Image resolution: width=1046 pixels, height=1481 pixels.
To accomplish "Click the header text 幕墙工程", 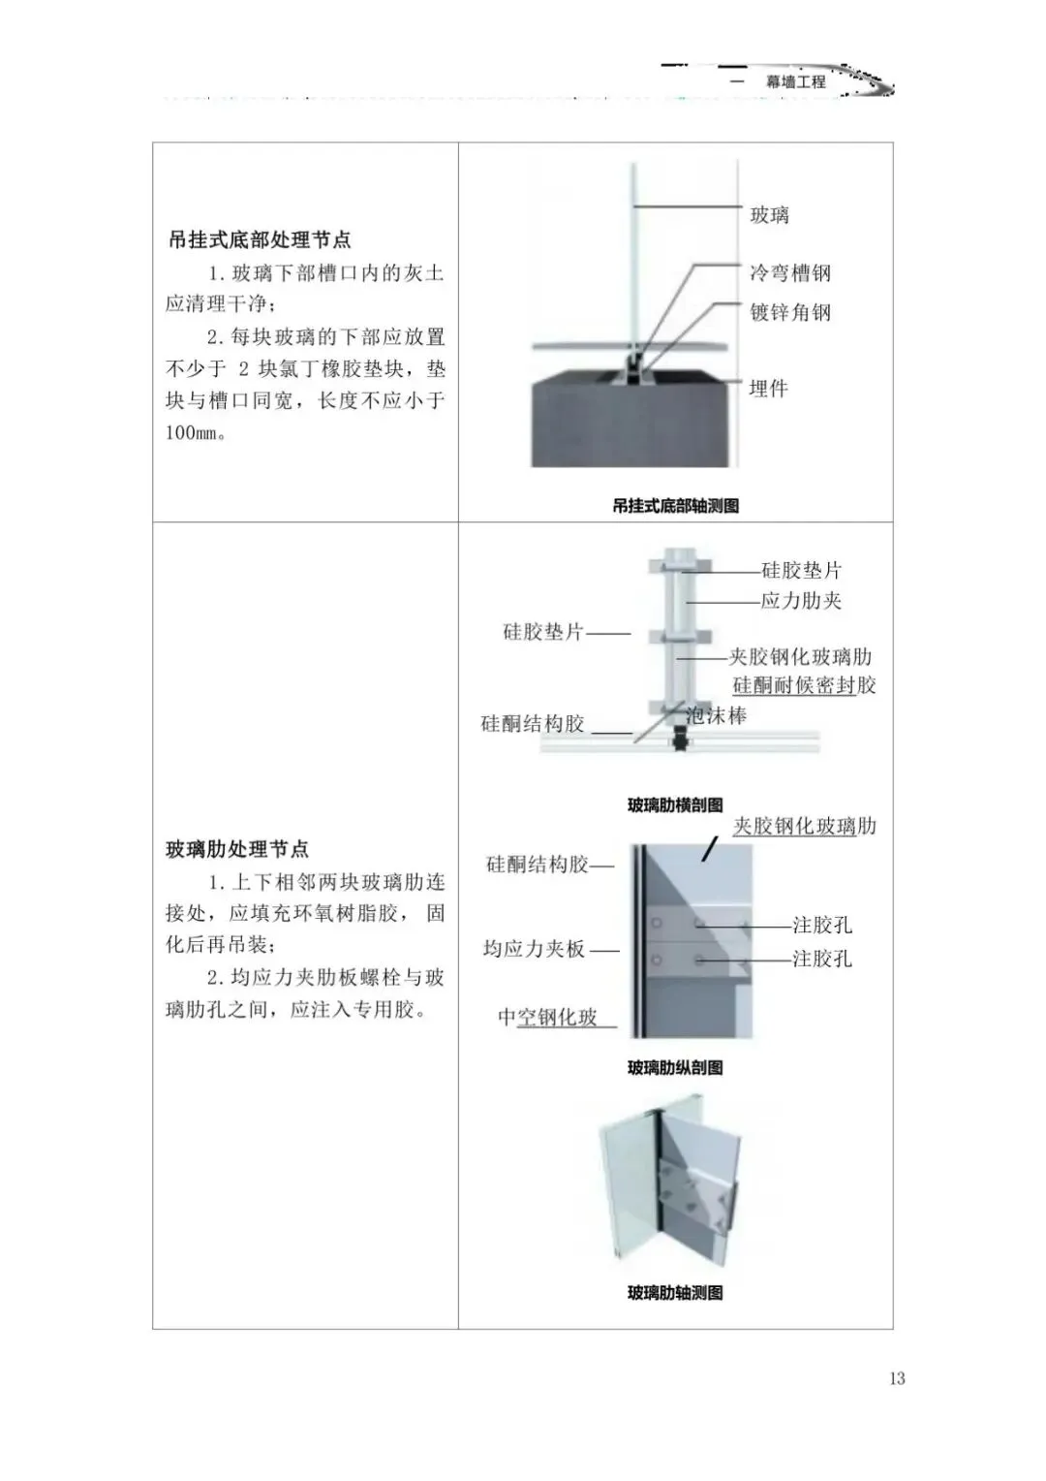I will click(796, 82).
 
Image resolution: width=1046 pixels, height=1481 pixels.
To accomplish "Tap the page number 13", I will click(896, 1378).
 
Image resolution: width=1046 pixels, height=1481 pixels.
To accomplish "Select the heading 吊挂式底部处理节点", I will click(259, 239).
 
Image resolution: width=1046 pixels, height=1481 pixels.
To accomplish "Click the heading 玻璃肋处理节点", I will click(237, 849).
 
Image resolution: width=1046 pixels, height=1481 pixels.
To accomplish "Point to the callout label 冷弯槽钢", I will click(790, 273).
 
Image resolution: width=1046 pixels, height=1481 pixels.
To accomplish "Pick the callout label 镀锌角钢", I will click(790, 312).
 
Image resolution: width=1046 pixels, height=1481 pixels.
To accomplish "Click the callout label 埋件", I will click(769, 389).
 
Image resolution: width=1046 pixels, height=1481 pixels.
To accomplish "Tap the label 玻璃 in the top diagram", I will click(770, 215).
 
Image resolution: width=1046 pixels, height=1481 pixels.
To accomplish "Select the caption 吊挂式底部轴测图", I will click(675, 506).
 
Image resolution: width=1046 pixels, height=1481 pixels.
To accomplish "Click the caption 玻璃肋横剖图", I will click(675, 805).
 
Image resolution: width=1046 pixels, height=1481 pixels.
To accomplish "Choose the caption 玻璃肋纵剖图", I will click(675, 1068).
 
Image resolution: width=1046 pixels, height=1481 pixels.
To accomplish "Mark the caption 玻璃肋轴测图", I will click(675, 1293).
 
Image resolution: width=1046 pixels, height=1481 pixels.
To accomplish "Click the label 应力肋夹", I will click(801, 601).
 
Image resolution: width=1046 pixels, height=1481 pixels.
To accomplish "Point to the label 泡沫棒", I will click(717, 716).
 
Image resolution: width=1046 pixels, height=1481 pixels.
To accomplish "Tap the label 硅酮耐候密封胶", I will click(804, 685).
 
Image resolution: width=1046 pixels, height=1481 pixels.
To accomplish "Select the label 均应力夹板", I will click(535, 949).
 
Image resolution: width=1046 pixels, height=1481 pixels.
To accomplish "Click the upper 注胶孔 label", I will click(822, 926).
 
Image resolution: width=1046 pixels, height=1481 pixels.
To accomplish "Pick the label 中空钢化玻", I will click(548, 1017).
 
